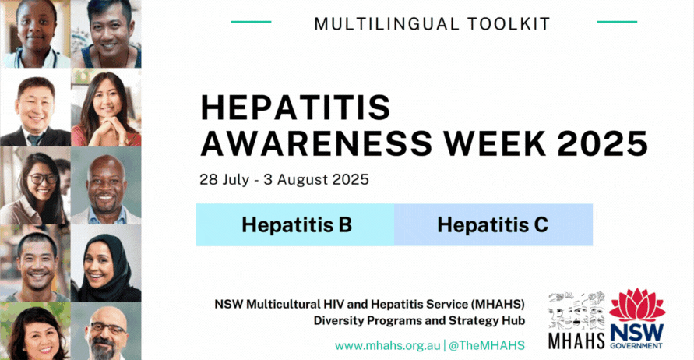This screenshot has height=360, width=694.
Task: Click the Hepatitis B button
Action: pyautogui.click(x=296, y=225)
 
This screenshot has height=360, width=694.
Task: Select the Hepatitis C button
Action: pyautogui.click(x=492, y=225)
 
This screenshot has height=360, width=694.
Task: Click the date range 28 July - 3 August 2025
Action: pyautogui.click(x=284, y=179)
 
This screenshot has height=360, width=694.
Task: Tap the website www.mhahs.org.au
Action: pyautogui.click(x=387, y=345)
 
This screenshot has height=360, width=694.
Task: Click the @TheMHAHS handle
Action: pyautogui.click(x=486, y=345)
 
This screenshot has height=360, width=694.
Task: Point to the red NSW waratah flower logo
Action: pyautogui.click(x=637, y=305)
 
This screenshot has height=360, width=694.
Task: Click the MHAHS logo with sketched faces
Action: pyautogui.click(x=576, y=319)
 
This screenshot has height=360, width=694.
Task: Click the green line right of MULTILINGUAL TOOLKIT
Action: pyautogui.click(x=616, y=22)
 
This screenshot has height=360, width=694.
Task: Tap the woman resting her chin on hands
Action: pyautogui.click(x=106, y=109)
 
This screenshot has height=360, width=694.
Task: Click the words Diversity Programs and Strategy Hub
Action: pyautogui.click(x=419, y=319)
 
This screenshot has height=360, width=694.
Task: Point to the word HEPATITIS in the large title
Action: pyautogui.click(x=296, y=108)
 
